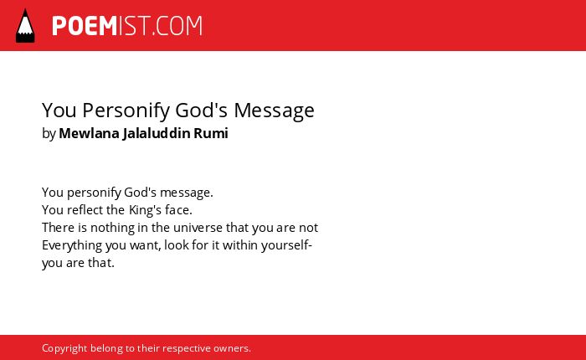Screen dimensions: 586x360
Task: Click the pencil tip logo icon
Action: pos(25,26)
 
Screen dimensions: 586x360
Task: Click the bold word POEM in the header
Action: pos(85,26)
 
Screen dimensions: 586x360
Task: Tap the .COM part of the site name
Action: pos(177,26)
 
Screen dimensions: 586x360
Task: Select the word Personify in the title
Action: pos(126,111)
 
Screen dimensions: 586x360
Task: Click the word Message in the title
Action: pos(275,111)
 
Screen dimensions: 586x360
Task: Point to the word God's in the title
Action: pos(202,111)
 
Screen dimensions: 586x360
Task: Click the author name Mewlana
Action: pos(89,133)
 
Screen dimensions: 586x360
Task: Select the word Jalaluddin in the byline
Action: pos(157,134)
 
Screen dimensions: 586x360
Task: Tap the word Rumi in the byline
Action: pos(211,133)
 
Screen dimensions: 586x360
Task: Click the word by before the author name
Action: pos(49,134)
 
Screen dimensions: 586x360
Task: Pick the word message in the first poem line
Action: pos(186,193)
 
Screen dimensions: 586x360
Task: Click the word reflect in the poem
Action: pos(85,210)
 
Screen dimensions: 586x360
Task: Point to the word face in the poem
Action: pos(178,210)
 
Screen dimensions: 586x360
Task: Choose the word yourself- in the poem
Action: pos(286,246)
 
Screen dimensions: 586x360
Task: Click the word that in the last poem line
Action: pos(101,263)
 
